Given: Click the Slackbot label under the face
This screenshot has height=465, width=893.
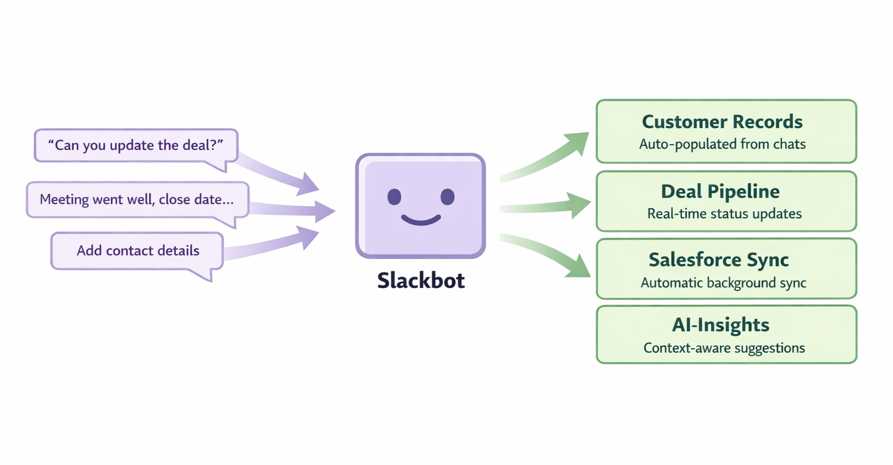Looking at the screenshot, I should [421, 280].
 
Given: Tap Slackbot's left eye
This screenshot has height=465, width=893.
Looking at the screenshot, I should [394, 197].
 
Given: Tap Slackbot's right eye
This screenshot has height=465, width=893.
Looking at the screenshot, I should [448, 197].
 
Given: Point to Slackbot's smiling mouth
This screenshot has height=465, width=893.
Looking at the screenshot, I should [421, 220].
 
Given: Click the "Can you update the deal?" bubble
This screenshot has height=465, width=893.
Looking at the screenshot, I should [135, 145].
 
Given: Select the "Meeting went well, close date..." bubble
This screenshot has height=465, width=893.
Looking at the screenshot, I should [137, 199].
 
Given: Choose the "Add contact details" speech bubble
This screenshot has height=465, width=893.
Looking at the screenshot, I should [138, 250].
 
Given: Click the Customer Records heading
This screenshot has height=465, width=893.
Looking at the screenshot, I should [722, 122].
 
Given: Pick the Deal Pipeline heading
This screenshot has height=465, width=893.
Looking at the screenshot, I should [720, 192].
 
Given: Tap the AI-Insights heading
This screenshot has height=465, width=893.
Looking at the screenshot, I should [720, 325].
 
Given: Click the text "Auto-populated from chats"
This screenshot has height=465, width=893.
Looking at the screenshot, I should [722, 144].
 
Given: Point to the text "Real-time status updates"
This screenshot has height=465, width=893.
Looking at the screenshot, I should [724, 213].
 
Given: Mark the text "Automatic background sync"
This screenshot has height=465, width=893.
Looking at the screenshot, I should [723, 283].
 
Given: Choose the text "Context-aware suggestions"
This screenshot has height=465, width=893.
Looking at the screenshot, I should [724, 348].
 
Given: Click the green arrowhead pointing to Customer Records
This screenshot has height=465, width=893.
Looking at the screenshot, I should [576, 142].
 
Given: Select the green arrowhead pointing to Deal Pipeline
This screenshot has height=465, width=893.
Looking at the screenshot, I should [578, 204].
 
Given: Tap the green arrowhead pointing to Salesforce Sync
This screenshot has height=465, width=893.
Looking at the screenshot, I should [577, 268].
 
